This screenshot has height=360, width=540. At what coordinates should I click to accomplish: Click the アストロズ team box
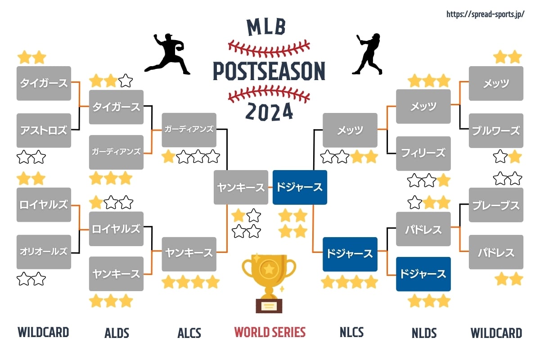point(44,130)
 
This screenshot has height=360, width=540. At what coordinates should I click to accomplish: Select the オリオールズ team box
point(44,252)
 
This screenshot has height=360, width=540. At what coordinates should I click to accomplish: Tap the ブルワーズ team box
point(496,130)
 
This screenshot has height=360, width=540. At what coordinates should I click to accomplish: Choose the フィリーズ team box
point(423,153)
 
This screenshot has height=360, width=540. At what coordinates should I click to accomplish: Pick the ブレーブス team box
point(496,205)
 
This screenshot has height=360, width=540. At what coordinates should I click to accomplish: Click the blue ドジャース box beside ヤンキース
point(300,187)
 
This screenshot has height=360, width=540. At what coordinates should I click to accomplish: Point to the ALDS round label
point(117,333)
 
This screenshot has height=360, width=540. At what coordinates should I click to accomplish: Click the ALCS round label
point(189,333)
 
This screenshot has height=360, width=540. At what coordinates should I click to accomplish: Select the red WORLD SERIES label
point(270,332)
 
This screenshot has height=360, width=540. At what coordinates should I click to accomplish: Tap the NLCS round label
point(351,332)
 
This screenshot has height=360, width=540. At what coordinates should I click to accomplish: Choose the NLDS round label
point(424,333)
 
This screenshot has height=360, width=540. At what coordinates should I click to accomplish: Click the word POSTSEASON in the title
point(269,71)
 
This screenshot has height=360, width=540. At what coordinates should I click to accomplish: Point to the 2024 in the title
point(269,112)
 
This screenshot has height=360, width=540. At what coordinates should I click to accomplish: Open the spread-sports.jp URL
point(485,14)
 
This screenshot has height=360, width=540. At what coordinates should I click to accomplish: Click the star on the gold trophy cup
point(269,269)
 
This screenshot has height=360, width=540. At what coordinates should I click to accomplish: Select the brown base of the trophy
point(269,306)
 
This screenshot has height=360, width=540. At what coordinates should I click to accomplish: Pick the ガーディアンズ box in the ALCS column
point(189,130)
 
